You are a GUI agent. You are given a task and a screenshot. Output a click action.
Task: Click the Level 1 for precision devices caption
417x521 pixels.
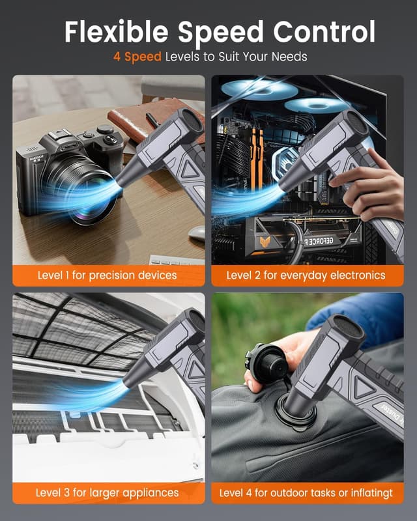click(x=106, y=275)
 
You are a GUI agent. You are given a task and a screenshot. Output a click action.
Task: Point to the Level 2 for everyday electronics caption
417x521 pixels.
click(x=306, y=275)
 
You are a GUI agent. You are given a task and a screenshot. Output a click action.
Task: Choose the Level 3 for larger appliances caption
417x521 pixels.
click(x=107, y=492)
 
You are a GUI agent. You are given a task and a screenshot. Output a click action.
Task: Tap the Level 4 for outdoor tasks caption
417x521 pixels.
click(x=306, y=492)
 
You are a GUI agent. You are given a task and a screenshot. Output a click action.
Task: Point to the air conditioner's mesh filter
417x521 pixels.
click(x=72, y=332)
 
